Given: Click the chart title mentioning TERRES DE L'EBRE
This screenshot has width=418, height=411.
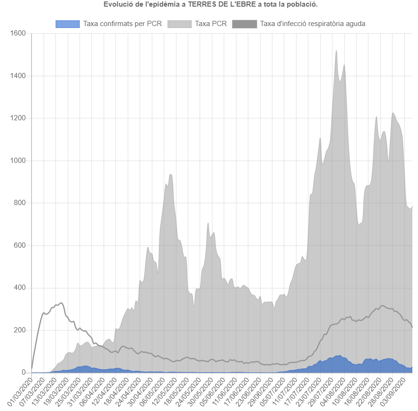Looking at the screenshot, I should point(210,5).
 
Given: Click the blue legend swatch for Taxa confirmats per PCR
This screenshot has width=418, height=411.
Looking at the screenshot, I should point(68,24).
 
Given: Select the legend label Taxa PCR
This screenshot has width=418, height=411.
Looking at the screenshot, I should point(211,24).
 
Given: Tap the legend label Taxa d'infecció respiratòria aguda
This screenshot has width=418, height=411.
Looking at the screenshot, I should point(313,24).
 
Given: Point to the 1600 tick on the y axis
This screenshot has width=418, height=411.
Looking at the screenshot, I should point(18,34).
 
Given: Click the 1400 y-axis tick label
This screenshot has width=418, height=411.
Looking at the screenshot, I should point(18,76).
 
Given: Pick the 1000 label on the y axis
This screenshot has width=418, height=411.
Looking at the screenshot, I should point(18,161).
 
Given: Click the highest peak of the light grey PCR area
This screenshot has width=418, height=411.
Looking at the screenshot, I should point(336,51).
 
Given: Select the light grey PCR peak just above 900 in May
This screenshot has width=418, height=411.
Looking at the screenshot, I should point(170,175).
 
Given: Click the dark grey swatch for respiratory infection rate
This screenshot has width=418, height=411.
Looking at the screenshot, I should point(244,24).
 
